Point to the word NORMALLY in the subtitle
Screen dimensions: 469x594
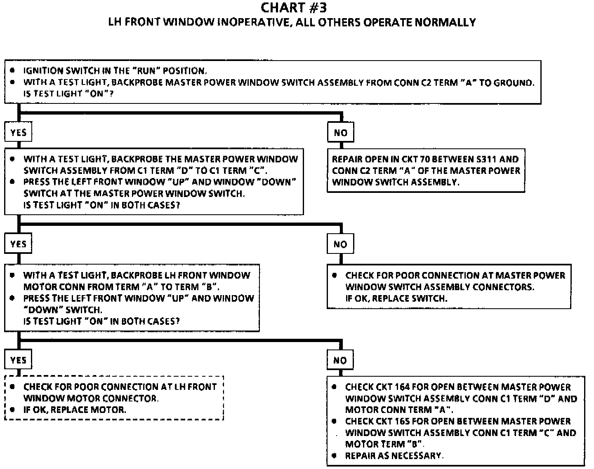click(445, 22)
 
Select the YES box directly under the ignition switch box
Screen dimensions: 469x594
click(19, 133)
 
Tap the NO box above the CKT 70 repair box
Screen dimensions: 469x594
click(340, 133)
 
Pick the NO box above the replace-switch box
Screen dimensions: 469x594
click(340, 244)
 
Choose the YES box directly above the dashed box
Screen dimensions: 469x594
click(19, 360)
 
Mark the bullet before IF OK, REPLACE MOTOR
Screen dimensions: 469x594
click(13, 409)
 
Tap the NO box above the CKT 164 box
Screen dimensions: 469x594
click(340, 360)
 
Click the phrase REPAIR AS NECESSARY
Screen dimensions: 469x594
click(394, 456)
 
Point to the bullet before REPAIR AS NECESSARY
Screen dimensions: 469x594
click(335, 455)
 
